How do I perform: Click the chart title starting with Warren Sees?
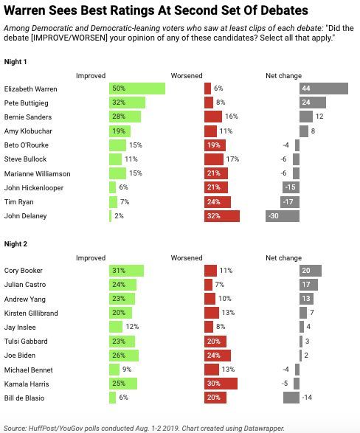(148, 10)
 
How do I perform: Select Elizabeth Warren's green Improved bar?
(137, 89)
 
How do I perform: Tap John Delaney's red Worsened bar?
(222, 215)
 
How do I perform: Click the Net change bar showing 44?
(323, 89)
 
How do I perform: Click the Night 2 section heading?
(15, 243)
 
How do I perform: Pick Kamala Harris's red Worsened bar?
(221, 384)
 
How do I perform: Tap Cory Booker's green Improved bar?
(126, 271)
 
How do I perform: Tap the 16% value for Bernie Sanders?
(231, 117)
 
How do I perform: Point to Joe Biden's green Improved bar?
(123, 356)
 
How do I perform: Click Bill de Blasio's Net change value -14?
(308, 398)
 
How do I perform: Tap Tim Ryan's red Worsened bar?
(218, 201)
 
